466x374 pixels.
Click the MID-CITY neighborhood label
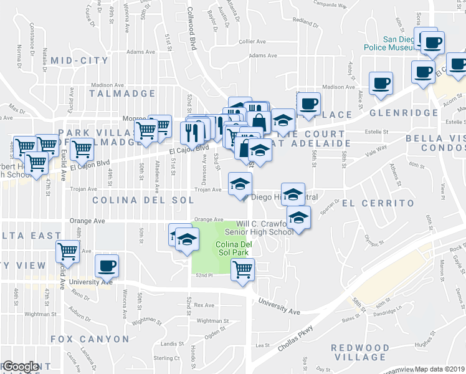(80, 60)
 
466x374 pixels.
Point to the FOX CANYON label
(90, 339)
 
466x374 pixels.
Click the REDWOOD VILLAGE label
(360, 352)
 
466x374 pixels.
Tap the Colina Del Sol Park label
(232, 248)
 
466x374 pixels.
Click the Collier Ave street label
(252, 41)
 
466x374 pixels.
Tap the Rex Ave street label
(204, 305)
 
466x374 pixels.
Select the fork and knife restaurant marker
(191, 132)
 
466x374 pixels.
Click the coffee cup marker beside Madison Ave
(381, 83)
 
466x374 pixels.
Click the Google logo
(20, 367)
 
